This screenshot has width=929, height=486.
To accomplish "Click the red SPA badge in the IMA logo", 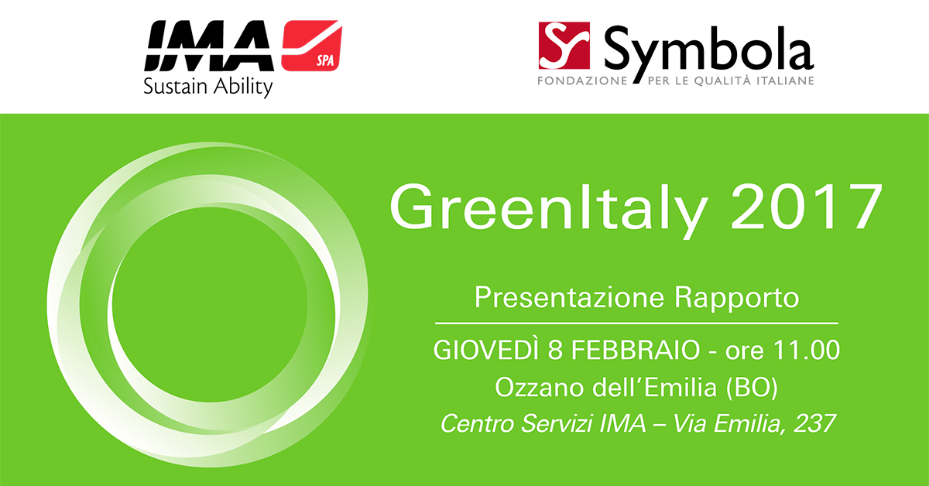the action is pos(311,46).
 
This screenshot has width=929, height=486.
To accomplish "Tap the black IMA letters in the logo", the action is pos(209,46).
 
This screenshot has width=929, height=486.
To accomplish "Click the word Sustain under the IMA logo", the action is pos(175,87).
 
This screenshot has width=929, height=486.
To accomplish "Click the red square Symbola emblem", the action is pos(564,45).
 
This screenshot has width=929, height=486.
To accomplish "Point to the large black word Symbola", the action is pos(709,53).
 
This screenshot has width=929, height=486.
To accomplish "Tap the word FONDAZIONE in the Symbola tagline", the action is pos(582,80).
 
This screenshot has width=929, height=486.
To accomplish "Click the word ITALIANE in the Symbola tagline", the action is pos(785,80).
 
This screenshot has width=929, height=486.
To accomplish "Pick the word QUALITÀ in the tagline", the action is pos(723,80).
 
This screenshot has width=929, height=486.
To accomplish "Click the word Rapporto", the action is pos(736,299).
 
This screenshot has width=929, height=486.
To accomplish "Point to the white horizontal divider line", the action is pos(636,323).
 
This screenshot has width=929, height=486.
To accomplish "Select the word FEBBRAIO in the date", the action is pos(636,350).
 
